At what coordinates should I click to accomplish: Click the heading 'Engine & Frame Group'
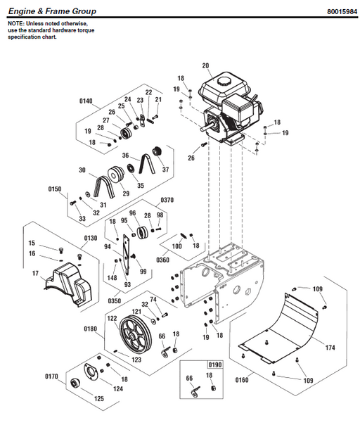point(52,11)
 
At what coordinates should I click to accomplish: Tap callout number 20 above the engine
point(205,66)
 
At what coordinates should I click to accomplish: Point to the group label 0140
point(85,101)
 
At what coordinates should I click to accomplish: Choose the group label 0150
point(56,189)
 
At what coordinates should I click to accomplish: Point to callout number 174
point(330,348)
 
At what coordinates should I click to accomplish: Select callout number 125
point(98,399)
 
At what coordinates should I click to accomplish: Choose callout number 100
point(176,246)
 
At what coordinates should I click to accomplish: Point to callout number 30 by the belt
point(82,170)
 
